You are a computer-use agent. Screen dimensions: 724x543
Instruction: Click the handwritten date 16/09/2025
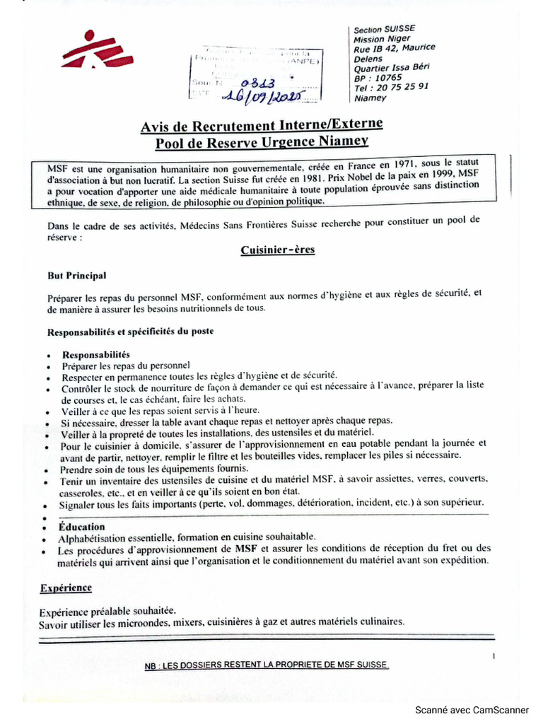point(262,96)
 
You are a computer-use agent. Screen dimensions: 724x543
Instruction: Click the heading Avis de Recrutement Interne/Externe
point(262,125)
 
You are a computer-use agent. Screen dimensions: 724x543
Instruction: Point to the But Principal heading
point(77,276)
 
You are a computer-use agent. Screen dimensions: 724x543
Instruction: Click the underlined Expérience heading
point(66,588)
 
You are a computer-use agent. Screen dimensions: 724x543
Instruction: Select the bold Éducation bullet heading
point(83,527)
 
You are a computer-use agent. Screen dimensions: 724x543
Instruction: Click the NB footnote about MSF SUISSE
point(267,665)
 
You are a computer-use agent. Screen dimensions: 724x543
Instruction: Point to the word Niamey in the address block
point(371,98)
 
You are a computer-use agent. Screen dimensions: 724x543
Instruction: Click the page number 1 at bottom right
point(494,657)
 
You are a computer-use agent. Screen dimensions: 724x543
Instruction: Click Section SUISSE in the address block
point(384,30)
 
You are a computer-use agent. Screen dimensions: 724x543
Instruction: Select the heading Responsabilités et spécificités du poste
point(130,331)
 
